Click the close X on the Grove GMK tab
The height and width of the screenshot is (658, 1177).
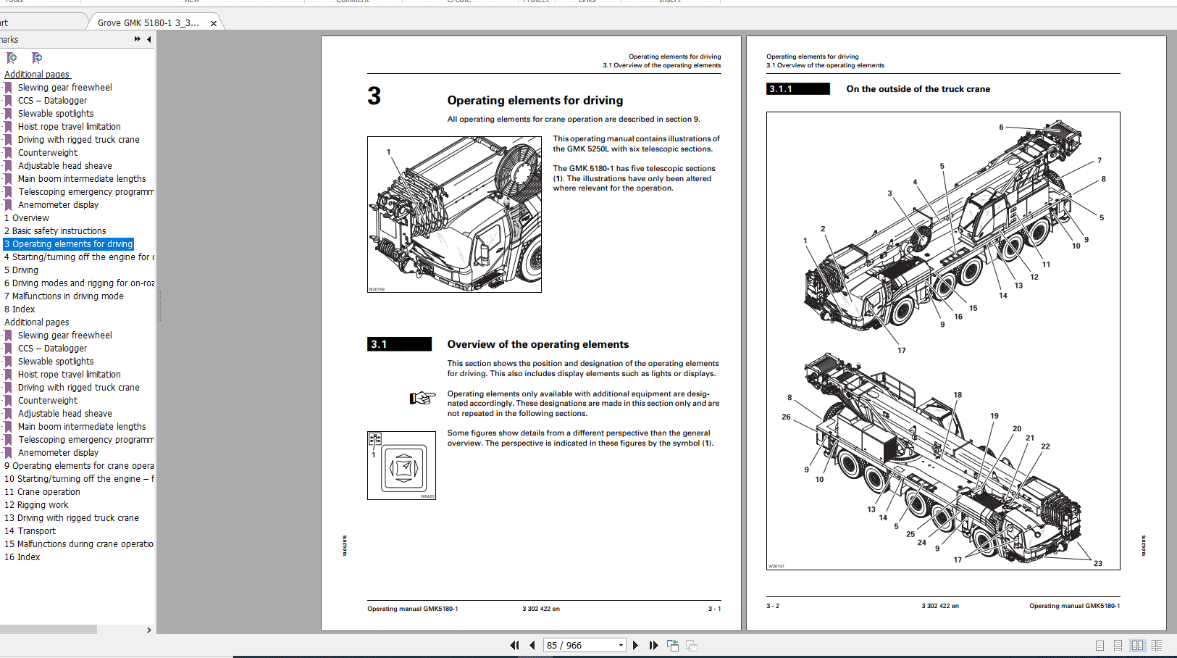[x=214, y=23]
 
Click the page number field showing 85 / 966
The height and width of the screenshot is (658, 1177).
[x=579, y=645]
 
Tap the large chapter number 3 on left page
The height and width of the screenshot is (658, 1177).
[x=374, y=96]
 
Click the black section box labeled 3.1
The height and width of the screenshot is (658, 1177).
[x=399, y=344]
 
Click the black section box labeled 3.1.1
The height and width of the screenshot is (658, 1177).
[x=797, y=89]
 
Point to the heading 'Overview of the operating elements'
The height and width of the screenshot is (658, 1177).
[x=537, y=344]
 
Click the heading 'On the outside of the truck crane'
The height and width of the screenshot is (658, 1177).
[x=918, y=89]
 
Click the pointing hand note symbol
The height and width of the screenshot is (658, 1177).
[x=422, y=398]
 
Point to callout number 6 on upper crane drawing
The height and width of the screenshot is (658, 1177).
[x=1001, y=128]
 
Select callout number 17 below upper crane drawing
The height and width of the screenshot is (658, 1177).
[x=901, y=350]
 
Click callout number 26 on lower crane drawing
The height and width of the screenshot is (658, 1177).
[x=786, y=417]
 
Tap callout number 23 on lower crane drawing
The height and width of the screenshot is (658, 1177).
[x=1097, y=563]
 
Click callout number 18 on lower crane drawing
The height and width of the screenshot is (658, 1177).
[x=958, y=395]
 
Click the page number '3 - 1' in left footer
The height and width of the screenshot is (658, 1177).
[x=714, y=609]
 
